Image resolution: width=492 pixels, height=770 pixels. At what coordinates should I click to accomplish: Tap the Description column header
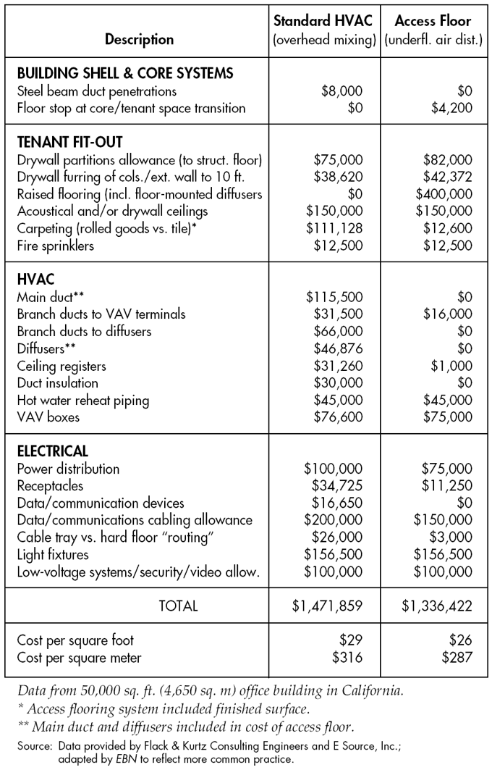pyautogui.click(x=139, y=39)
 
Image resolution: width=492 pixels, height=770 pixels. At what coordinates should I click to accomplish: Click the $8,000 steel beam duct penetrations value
pyautogui.click(x=342, y=92)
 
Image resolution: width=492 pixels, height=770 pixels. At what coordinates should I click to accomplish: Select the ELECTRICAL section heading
pyautogui.click(x=53, y=451)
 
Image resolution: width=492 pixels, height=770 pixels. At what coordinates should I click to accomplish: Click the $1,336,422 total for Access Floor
pyautogui.click(x=437, y=606)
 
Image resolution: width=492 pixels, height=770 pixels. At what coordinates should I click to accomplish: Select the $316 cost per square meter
pyautogui.click(x=348, y=658)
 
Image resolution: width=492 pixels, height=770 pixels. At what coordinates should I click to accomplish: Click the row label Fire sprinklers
pyautogui.click(x=55, y=246)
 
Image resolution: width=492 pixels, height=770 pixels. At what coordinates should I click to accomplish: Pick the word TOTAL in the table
pyautogui.click(x=178, y=606)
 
